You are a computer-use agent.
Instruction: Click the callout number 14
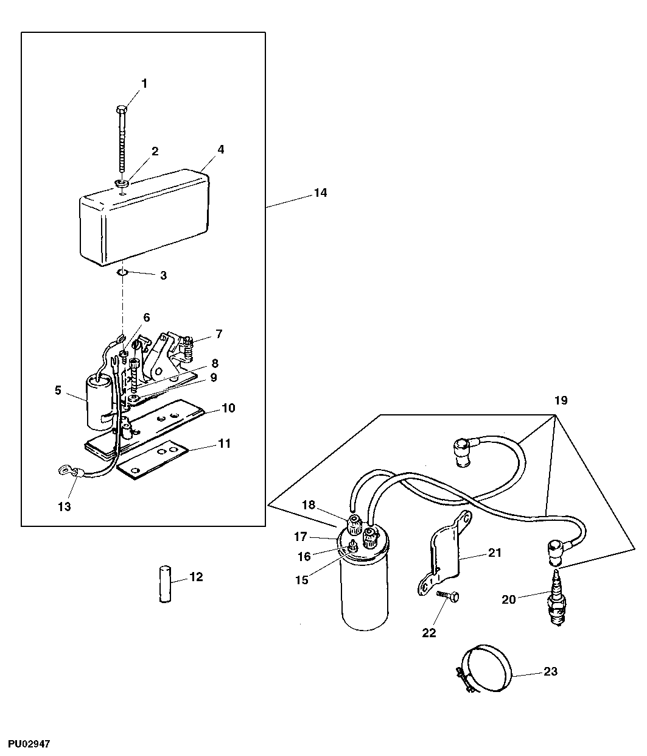(x=320, y=193)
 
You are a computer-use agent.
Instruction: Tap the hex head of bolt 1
(x=120, y=110)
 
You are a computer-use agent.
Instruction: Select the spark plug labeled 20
(x=555, y=601)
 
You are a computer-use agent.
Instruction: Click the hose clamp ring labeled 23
(x=486, y=673)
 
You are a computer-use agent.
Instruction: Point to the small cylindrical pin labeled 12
(x=163, y=584)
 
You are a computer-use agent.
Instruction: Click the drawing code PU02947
(x=29, y=744)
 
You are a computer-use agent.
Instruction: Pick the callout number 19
(x=560, y=400)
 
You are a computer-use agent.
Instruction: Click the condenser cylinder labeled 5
(x=99, y=402)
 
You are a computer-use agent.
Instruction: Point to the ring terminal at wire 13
(x=63, y=470)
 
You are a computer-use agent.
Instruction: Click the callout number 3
(x=163, y=275)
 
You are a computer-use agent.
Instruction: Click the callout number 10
(x=228, y=408)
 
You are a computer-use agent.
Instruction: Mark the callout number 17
(x=301, y=537)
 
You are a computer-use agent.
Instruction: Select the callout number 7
(x=219, y=333)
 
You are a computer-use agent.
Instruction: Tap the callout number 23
(x=550, y=672)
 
